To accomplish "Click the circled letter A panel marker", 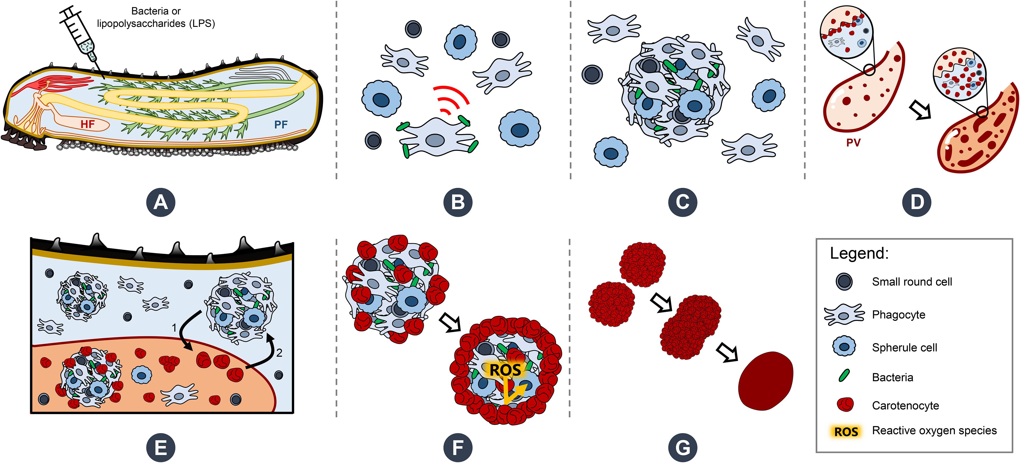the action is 160,202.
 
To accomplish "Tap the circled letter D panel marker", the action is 916,202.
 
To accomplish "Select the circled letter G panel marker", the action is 683,448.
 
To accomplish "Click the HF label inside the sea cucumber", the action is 87,125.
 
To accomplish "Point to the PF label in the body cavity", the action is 281,125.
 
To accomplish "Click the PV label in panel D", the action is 853,143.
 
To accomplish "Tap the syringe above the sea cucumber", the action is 79,34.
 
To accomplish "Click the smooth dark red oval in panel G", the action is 766,381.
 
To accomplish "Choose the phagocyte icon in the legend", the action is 844,315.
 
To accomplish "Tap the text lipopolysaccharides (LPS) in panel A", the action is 156,24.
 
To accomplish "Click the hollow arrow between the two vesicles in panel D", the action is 920,109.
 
